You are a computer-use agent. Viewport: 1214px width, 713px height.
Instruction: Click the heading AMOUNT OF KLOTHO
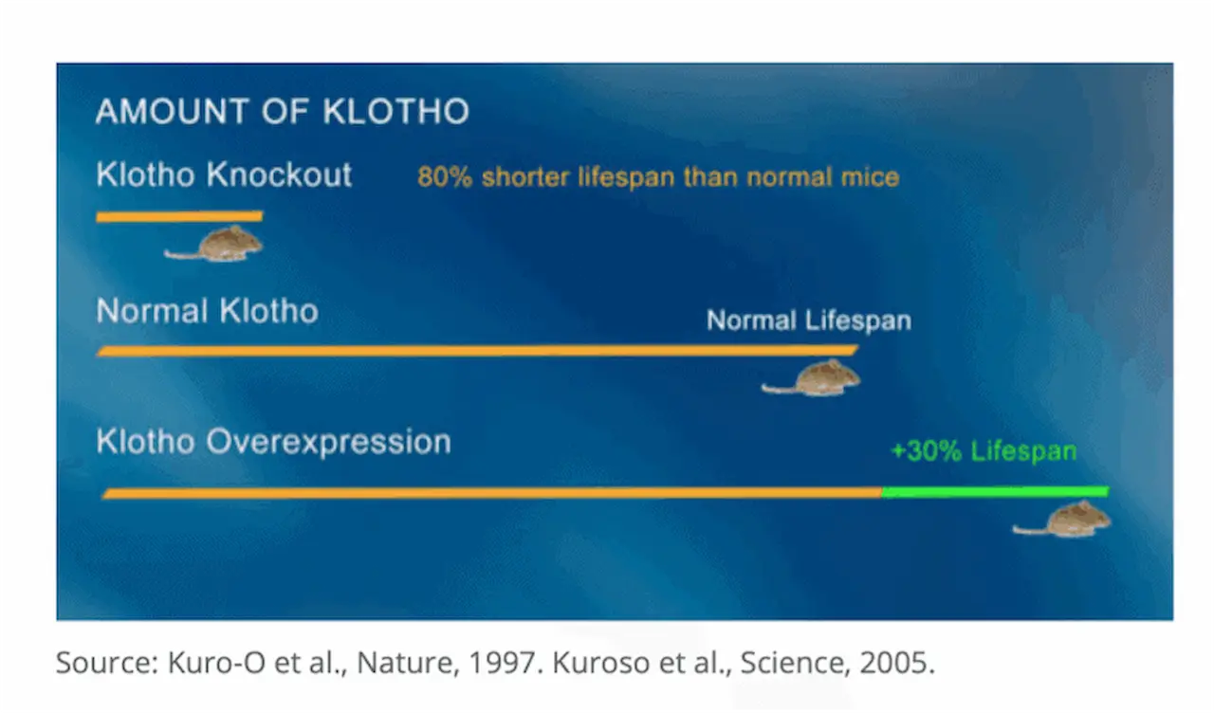282,112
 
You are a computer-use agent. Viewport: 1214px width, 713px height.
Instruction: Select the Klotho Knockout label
224,175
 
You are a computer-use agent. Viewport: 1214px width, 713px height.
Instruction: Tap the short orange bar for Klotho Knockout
179,217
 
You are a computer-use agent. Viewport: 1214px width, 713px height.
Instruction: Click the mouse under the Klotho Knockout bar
216,244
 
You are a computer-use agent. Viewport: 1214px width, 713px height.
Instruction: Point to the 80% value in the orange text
444,177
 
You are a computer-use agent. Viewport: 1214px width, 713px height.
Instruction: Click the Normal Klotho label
207,311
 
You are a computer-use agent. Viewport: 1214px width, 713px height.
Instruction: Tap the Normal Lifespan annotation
808,320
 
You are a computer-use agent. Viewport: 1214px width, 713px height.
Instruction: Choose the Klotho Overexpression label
273,442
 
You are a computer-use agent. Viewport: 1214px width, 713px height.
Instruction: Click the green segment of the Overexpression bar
994,491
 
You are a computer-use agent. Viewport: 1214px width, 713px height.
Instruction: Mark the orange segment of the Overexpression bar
492,493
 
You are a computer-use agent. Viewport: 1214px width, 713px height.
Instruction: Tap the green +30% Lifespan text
983,451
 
